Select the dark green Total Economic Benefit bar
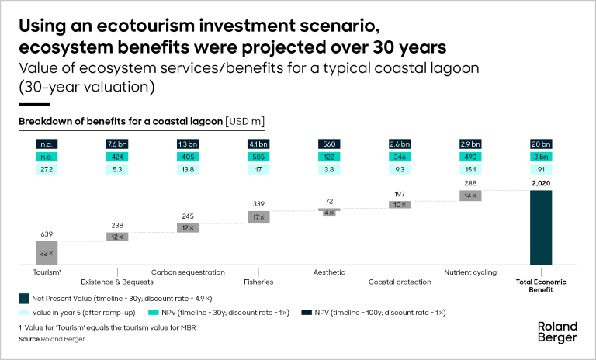click(541, 227)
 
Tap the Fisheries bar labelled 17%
click(258, 217)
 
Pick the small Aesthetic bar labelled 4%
click(329, 213)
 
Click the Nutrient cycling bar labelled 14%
click(470, 196)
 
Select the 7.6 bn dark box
click(117, 144)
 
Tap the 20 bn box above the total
click(541, 144)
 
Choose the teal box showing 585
click(258, 157)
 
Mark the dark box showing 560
click(329, 144)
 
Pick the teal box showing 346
click(400, 157)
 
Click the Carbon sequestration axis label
click(188, 272)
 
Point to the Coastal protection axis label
click(400, 282)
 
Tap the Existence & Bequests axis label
click(118, 282)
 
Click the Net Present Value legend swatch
click(24, 298)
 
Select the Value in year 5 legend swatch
click(24, 312)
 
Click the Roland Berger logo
click(557, 331)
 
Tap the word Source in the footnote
click(29, 339)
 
